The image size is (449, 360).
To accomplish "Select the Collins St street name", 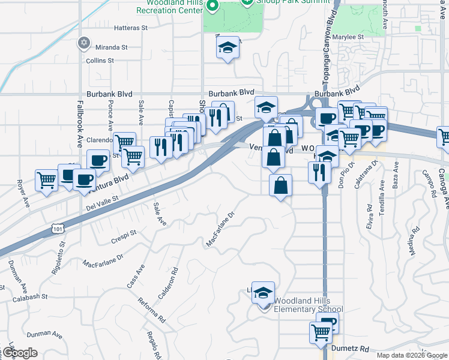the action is (100, 61).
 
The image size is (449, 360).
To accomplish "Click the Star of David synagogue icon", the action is (84, 43).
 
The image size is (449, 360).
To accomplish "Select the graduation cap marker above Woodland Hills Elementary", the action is (263, 293).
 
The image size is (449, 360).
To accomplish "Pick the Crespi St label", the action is (124, 236).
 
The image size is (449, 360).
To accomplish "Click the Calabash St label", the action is (31, 296).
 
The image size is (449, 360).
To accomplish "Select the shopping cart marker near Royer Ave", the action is (46, 180).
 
